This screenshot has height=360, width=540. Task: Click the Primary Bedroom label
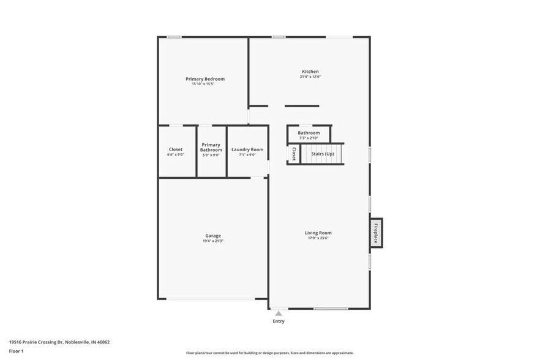click(205, 79)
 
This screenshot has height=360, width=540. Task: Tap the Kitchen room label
click(310, 72)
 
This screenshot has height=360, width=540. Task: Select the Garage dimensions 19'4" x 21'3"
click(213, 241)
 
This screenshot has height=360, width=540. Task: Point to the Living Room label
click(318, 233)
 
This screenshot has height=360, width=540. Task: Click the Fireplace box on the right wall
click(376, 233)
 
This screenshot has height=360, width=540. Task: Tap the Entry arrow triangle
click(279, 313)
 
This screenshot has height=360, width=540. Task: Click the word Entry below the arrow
click(279, 321)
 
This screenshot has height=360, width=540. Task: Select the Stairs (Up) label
click(323, 154)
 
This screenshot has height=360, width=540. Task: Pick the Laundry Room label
click(247, 149)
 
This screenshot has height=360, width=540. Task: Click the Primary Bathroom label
click(211, 147)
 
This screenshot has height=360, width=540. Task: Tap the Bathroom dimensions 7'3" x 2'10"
click(309, 138)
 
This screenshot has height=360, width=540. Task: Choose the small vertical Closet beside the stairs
click(294, 154)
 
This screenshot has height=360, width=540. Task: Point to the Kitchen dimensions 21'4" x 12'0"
click(310, 77)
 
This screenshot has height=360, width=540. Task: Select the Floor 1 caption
click(17, 351)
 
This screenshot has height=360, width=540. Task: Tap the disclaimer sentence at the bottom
click(269, 353)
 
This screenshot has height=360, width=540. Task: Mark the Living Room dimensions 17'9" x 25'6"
click(318, 238)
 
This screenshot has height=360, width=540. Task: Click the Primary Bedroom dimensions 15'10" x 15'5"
click(205, 84)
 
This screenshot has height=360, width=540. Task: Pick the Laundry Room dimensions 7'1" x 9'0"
click(247, 155)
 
